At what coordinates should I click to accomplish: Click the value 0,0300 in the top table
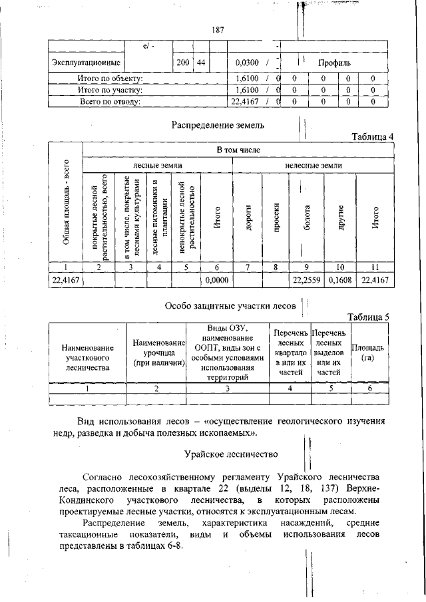(247, 63)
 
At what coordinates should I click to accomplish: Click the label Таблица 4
(373, 137)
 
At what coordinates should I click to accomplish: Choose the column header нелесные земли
(314, 164)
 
